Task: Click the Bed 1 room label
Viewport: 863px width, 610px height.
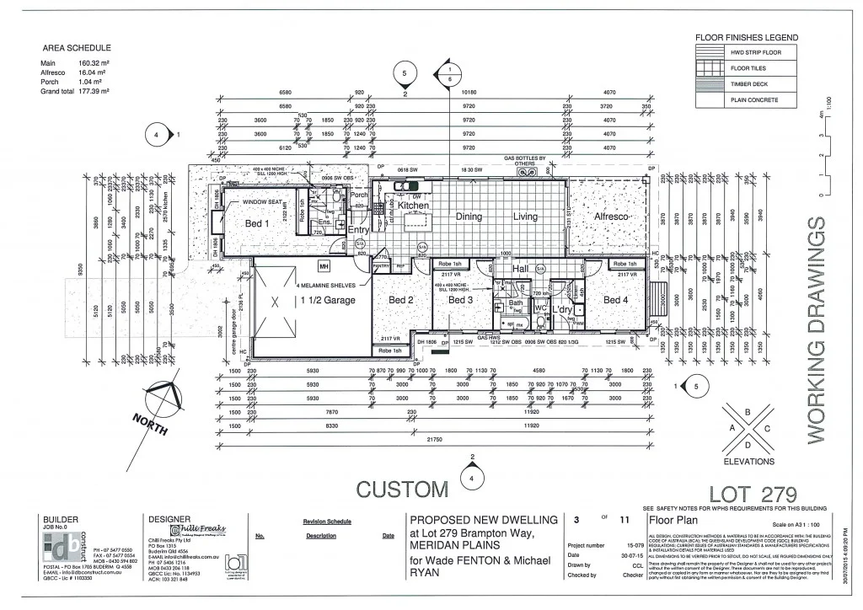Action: (257, 224)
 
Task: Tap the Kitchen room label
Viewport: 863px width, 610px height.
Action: (413, 206)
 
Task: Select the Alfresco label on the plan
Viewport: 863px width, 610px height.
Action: (612, 217)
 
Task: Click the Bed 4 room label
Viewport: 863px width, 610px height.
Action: (616, 300)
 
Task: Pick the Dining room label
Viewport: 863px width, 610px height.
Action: (469, 217)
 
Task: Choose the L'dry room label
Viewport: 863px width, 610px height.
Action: (562, 310)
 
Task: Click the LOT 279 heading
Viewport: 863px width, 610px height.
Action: (753, 494)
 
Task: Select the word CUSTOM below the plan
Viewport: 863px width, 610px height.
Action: (403, 490)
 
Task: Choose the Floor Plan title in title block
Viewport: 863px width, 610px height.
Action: (670, 521)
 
